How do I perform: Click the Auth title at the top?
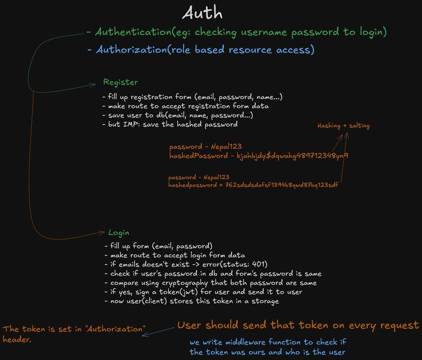(x=202, y=13)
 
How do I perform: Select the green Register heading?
(x=121, y=82)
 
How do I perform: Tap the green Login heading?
(x=119, y=233)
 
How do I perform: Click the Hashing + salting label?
(x=344, y=126)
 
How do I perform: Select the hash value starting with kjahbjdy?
(x=292, y=156)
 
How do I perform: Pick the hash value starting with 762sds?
(x=282, y=185)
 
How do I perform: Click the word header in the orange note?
(x=17, y=340)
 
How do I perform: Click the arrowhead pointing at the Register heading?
(x=94, y=85)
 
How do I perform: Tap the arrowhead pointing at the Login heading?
(x=103, y=233)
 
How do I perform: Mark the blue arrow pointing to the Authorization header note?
(x=158, y=332)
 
